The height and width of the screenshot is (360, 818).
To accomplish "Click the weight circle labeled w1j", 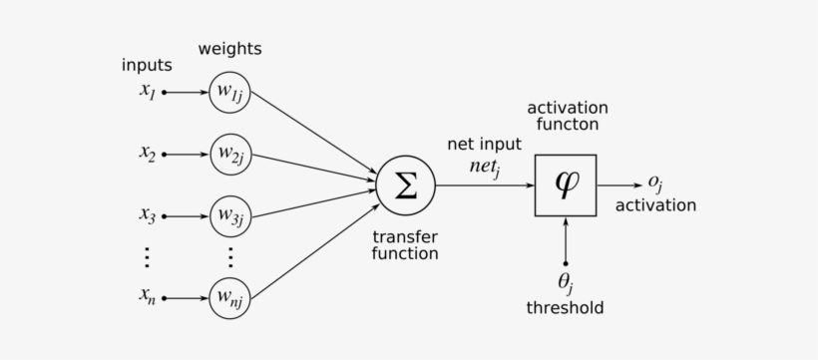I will coord(230,93).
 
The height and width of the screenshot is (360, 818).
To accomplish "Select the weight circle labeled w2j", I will coord(230,155).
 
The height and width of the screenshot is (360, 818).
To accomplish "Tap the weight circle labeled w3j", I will coord(230,214).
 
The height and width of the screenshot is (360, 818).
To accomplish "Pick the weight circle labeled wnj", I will coord(230,296).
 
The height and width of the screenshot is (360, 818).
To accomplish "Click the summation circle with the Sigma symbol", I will coord(405,185).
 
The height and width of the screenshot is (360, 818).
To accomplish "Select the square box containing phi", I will coord(566,185).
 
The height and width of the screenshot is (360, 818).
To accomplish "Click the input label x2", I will coord(147,154).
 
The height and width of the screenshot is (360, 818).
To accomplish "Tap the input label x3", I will coord(147,213).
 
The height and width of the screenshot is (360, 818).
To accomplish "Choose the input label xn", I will coord(147,296).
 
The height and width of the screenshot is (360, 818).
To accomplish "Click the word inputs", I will coord(147,66).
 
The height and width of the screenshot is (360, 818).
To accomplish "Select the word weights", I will coord(230,48).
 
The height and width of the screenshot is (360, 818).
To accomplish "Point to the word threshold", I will coord(566,308).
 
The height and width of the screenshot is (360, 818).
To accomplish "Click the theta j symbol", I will coord(566,283).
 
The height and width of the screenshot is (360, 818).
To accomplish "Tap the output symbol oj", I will coord(655,182).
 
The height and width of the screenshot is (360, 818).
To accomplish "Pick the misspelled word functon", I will coord(567,125).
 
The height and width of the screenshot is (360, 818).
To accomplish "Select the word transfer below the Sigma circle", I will coord(405,236).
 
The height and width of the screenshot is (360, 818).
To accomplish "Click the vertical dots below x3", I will coord(147,256).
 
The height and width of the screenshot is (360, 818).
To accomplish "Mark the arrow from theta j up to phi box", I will coord(566,239).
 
